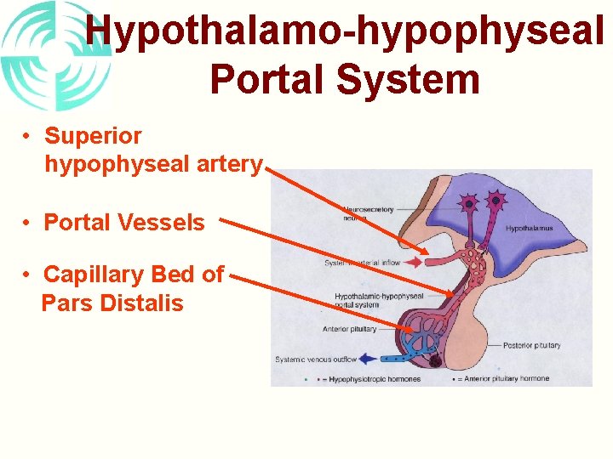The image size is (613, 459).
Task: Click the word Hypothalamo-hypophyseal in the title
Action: (x=345, y=31)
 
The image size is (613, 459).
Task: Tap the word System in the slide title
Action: (x=408, y=79)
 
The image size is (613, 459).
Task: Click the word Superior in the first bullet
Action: (x=93, y=136)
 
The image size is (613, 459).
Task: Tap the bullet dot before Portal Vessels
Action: (x=28, y=223)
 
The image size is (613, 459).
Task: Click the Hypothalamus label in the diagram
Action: (x=529, y=228)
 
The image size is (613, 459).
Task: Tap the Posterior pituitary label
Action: (x=531, y=345)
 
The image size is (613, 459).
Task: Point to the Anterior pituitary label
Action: (x=349, y=329)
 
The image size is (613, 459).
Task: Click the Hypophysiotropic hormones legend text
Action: (x=375, y=379)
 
